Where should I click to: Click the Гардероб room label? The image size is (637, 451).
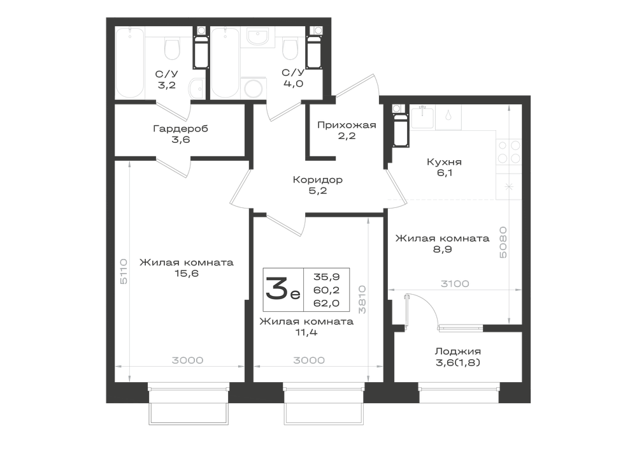(x=180, y=128)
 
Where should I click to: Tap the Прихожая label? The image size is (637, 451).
(x=347, y=125)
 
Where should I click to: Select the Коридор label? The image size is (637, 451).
(x=318, y=179)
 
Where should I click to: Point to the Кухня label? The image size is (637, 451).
(x=444, y=162)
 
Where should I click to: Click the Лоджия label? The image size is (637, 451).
(x=458, y=351)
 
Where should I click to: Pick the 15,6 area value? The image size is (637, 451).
(x=187, y=273)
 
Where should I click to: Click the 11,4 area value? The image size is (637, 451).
(x=306, y=332)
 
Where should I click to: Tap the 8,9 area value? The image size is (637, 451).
(x=443, y=249)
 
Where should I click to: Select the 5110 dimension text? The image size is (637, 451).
(x=124, y=271)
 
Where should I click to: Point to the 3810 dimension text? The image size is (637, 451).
(x=362, y=299)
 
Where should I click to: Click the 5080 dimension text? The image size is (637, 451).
(x=503, y=242)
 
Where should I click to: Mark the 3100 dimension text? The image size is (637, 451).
(x=455, y=283)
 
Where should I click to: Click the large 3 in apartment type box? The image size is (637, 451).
(x=276, y=288)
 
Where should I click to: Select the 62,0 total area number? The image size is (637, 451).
(x=326, y=303)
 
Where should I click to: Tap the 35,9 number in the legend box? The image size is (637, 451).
(x=326, y=277)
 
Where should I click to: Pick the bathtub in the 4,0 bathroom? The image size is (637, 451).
(x=225, y=63)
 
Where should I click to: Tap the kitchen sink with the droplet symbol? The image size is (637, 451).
(x=448, y=117)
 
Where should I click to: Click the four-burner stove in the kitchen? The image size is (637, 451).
(x=508, y=152)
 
